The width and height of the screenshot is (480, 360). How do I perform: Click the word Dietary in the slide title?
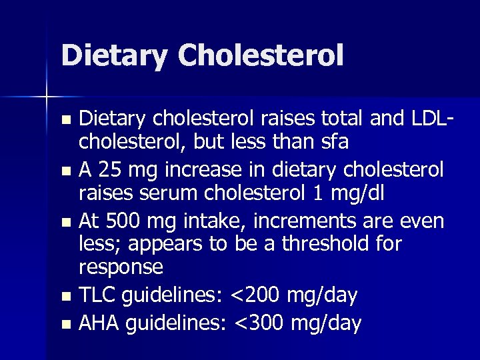(113, 55)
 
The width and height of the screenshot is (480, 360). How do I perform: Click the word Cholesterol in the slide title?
(261, 55)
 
